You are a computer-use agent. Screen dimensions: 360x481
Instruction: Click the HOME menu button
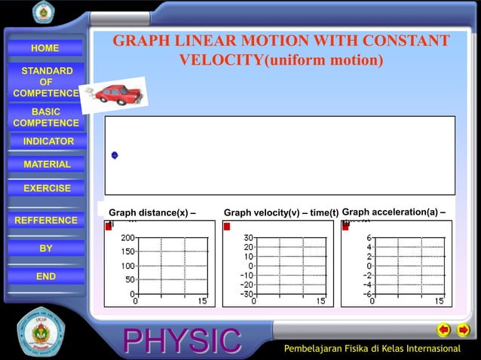[x=45, y=48]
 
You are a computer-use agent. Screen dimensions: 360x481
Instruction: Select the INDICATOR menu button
[x=48, y=142]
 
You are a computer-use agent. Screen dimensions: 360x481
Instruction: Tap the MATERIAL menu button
[x=47, y=164]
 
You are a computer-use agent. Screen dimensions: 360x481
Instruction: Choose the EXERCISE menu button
[x=47, y=188]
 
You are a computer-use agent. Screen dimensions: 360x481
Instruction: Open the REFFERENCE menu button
[x=46, y=221]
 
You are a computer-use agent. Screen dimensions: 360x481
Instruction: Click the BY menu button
[x=46, y=249]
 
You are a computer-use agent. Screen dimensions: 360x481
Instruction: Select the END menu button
[x=46, y=276]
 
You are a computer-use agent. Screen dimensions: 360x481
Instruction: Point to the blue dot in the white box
[x=115, y=155]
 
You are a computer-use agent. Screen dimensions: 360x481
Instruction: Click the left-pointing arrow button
[x=444, y=330]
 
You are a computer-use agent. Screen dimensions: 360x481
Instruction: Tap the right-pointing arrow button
[x=464, y=330]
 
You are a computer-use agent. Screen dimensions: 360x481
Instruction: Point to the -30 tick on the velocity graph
[x=246, y=294]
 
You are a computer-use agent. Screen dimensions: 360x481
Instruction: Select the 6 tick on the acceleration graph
[x=369, y=238]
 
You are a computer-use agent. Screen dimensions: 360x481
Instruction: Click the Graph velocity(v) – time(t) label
[x=281, y=213]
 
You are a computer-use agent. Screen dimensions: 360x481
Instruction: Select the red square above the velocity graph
[x=227, y=227]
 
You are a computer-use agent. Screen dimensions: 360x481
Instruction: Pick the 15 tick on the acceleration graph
[x=438, y=301]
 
